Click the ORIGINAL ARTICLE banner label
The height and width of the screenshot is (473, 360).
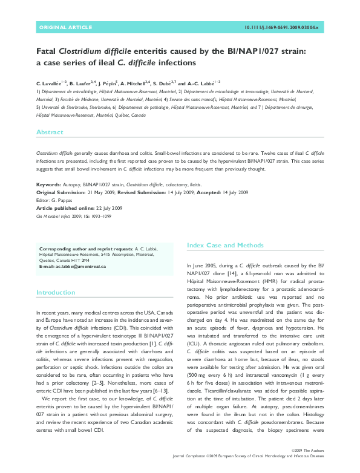65,28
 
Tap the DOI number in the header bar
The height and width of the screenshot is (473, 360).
284,28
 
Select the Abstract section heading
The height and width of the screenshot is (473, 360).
50,132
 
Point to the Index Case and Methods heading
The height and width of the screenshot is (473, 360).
226,246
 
